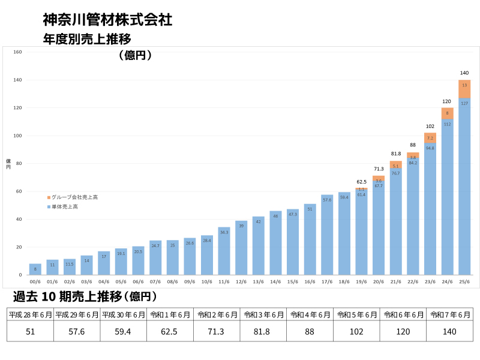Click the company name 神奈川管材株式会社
pos(108,20)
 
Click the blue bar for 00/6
pos(35,269)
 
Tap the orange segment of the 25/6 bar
pos(464,89)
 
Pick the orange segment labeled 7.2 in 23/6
pos(430,138)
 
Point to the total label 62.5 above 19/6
pos(361,181)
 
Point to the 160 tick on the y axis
pos(17,52)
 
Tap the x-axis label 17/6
pos(327,281)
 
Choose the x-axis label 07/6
pos(155,281)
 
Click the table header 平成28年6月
pos(30,314)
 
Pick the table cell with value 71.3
pos(217,331)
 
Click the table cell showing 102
pos(356,331)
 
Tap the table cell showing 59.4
pos(123,331)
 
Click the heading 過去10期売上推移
pos(84,296)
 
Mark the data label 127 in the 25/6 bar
pos(464,103)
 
